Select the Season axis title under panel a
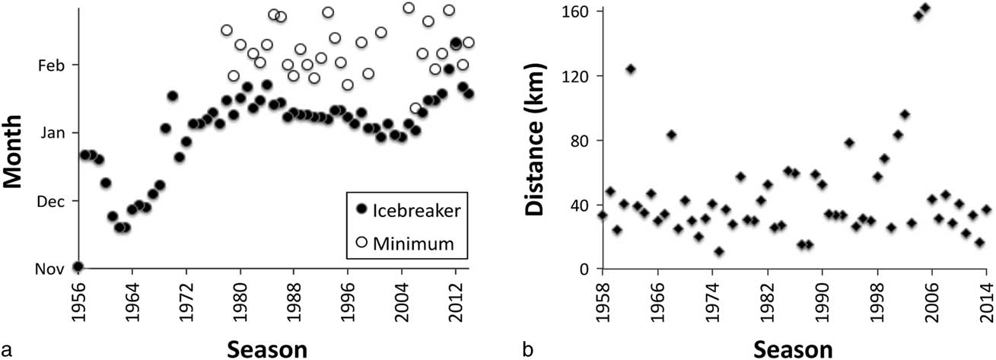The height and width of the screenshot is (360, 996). tap(270, 349)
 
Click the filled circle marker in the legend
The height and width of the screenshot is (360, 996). tap(362, 209)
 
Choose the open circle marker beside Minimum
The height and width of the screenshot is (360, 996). tap(362, 242)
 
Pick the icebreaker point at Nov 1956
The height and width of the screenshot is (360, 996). tap(78, 266)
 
